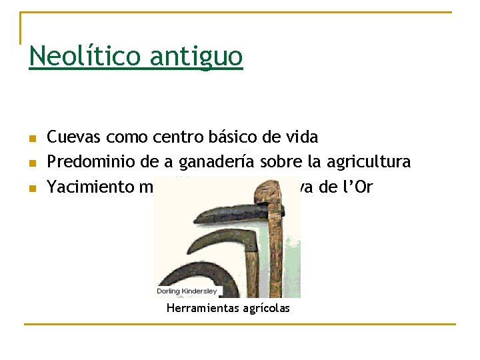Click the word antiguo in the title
pos(196,57)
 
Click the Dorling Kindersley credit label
pos(189,291)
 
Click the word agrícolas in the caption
pos(267,308)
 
